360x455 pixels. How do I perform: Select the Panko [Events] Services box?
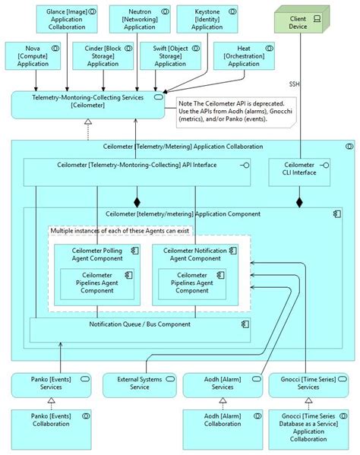click(50, 384)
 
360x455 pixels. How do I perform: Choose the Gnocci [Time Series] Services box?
click(308, 384)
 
